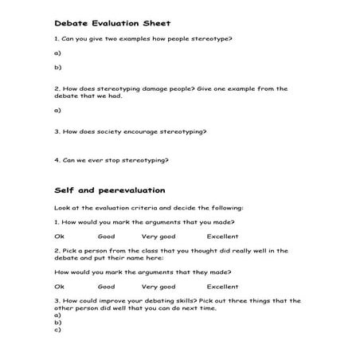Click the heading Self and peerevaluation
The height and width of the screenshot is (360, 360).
click(x=109, y=190)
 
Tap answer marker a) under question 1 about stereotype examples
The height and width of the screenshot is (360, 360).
click(x=57, y=53)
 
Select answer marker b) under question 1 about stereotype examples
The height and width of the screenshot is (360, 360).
click(x=57, y=68)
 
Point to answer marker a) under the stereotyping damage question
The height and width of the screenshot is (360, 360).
click(x=57, y=110)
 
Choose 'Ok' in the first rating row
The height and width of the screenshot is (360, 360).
click(x=58, y=237)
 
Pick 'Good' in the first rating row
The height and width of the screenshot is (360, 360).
click(x=106, y=237)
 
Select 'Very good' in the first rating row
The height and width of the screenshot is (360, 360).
click(x=158, y=237)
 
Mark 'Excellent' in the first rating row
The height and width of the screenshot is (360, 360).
click(x=222, y=237)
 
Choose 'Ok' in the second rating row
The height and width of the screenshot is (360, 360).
click(x=58, y=286)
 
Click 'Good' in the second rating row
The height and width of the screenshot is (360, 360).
click(x=106, y=286)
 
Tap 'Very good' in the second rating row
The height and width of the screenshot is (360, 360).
click(x=158, y=286)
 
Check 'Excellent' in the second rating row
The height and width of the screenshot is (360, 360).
click(x=222, y=286)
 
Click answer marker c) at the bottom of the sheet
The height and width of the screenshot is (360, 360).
click(x=57, y=328)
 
